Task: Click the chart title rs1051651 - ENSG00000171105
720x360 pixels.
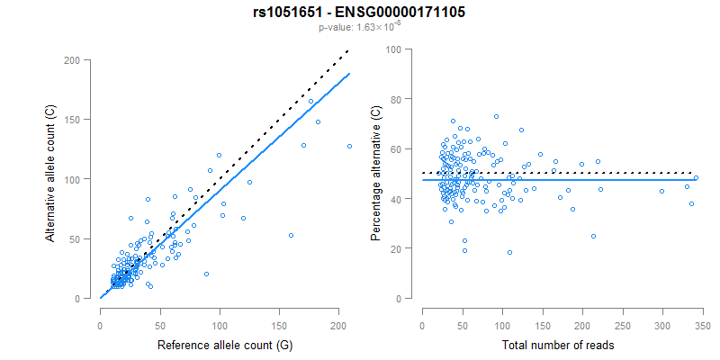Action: click(x=359, y=12)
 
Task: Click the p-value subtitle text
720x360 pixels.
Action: click(x=359, y=27)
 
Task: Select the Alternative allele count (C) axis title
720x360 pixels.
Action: click(x=52, y=180)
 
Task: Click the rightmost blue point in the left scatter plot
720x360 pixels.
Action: click(x=349, y=146)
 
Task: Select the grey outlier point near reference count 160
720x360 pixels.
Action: click(x=291, y=235)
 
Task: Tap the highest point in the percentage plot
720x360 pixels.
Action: click(x=496, y=116)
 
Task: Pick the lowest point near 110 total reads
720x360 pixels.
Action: click(x=509, y=252)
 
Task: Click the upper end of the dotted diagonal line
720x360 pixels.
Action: click(x=347, y=52)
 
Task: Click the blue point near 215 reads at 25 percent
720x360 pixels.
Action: click(x=593, y=236)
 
